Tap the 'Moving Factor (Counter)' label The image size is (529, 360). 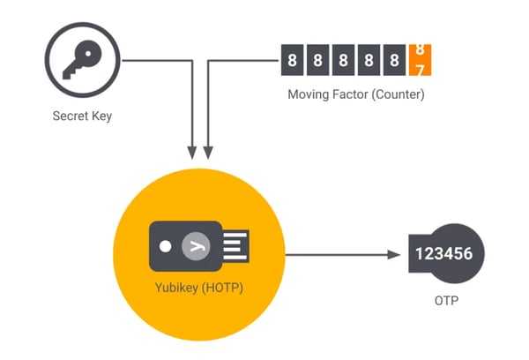(357, 94)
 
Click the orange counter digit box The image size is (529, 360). (421, 61)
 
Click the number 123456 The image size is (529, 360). (445, 254)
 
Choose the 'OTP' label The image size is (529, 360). (445, 302)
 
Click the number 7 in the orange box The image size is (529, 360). (421, 69)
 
